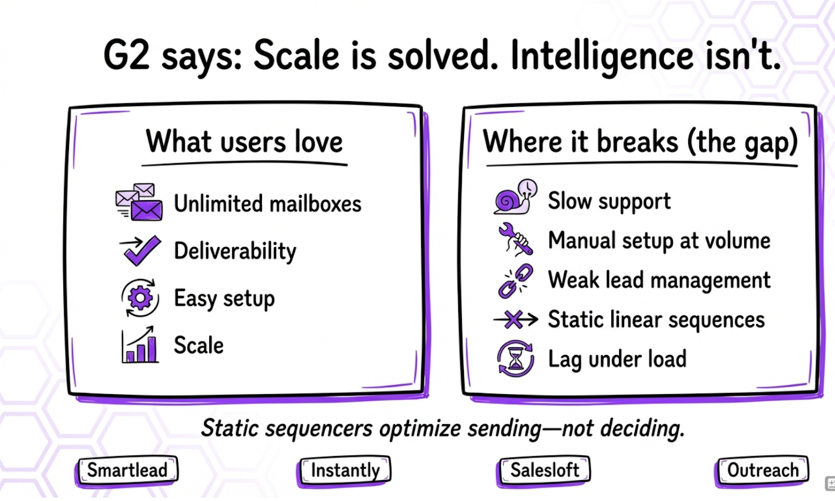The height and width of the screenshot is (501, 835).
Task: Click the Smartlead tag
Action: click(x=127, y=470)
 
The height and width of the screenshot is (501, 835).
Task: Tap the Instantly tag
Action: click(x=345, y=470)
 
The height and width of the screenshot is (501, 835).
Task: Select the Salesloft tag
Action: click(x=544, y=470)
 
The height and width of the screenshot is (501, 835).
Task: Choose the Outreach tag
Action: click(x=762, y=470)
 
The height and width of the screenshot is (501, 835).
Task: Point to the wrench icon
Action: click(x=516, y=239)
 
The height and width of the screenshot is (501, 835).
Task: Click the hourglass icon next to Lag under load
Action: click(x=516, y=358)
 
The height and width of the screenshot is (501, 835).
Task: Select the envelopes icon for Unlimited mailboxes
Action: click(x=139, y=202)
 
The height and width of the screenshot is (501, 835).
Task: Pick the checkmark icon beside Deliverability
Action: click(x=140, y=250)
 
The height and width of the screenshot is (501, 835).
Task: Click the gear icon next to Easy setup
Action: click(x=140, y=298)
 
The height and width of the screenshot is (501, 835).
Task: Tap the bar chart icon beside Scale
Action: click(x=140, y=345)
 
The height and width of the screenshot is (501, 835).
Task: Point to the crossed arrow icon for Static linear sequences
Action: click(x=516, y=320)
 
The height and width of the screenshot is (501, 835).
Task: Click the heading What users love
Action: click(x=244, y=142)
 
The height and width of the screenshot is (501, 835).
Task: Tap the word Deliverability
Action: click(x=235, y=251)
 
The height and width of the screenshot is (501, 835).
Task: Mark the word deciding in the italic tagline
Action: click(x=642, y=429)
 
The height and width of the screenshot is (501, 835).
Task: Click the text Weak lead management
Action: click(x=659, y=280)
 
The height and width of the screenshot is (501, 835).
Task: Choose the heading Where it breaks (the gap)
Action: click(x=640, y=142)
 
